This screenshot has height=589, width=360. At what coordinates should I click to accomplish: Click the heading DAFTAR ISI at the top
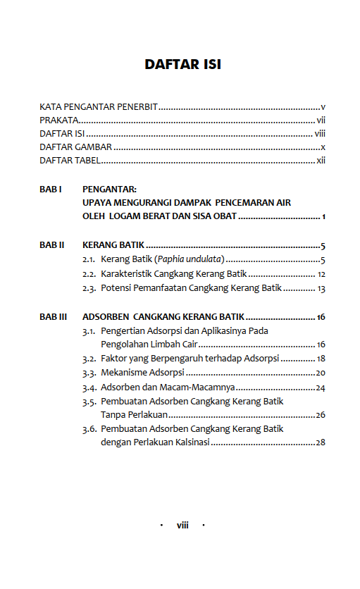click(x=182, y=65)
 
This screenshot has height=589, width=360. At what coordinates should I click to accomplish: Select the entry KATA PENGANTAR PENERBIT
click(x=98, y=108)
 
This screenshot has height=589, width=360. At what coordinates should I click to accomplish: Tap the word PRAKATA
click(x=58, y=120)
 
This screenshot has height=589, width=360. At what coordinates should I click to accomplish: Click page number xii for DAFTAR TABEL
click(x=321, y=161)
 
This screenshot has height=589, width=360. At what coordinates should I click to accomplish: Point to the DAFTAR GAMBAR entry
click(x=75, y=147)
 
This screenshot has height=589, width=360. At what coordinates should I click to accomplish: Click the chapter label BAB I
click(x=51, y=190)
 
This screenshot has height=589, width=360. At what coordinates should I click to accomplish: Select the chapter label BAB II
click(x=52, y=246)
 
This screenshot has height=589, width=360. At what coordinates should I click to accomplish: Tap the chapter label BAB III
click(x=54, y=317)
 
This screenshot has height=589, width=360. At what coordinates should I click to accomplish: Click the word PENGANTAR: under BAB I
click(x=109, y=190)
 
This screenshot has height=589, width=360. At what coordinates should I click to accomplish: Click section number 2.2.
click(x=89, y=274)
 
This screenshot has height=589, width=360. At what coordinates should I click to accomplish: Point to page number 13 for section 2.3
click(x=321, y=288)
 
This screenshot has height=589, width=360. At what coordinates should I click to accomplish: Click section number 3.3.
click(x=89, y=373)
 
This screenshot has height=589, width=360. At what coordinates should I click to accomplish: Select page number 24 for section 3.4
click(x=320, y=387)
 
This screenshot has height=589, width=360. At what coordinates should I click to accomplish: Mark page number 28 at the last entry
click(x=320, y=443)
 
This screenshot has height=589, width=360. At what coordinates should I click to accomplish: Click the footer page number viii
click(x=182, y=526)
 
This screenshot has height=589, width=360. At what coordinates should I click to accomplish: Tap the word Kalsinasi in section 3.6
click(x=189, y=443)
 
